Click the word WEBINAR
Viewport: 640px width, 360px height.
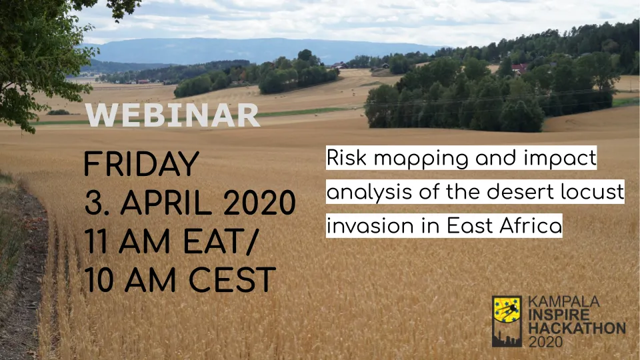(x=172, y=115)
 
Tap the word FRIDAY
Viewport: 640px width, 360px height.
(x=141, y=164)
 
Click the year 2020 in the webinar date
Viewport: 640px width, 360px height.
(x=259, y=203)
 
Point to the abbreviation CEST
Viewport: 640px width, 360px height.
(x=232, y=279)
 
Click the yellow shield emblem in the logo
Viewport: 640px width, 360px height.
(x=507, y=310)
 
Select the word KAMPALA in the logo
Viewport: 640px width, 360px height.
(x=564, y=301)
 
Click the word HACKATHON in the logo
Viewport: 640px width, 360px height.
(x=577, y=328)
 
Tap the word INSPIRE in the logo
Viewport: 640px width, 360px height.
(x=559, y=315)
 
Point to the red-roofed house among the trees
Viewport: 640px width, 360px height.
(x=519, y=68)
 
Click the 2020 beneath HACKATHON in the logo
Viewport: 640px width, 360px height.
(x=545, y=341)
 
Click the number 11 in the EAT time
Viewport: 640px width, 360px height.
(x=96, y=241)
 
